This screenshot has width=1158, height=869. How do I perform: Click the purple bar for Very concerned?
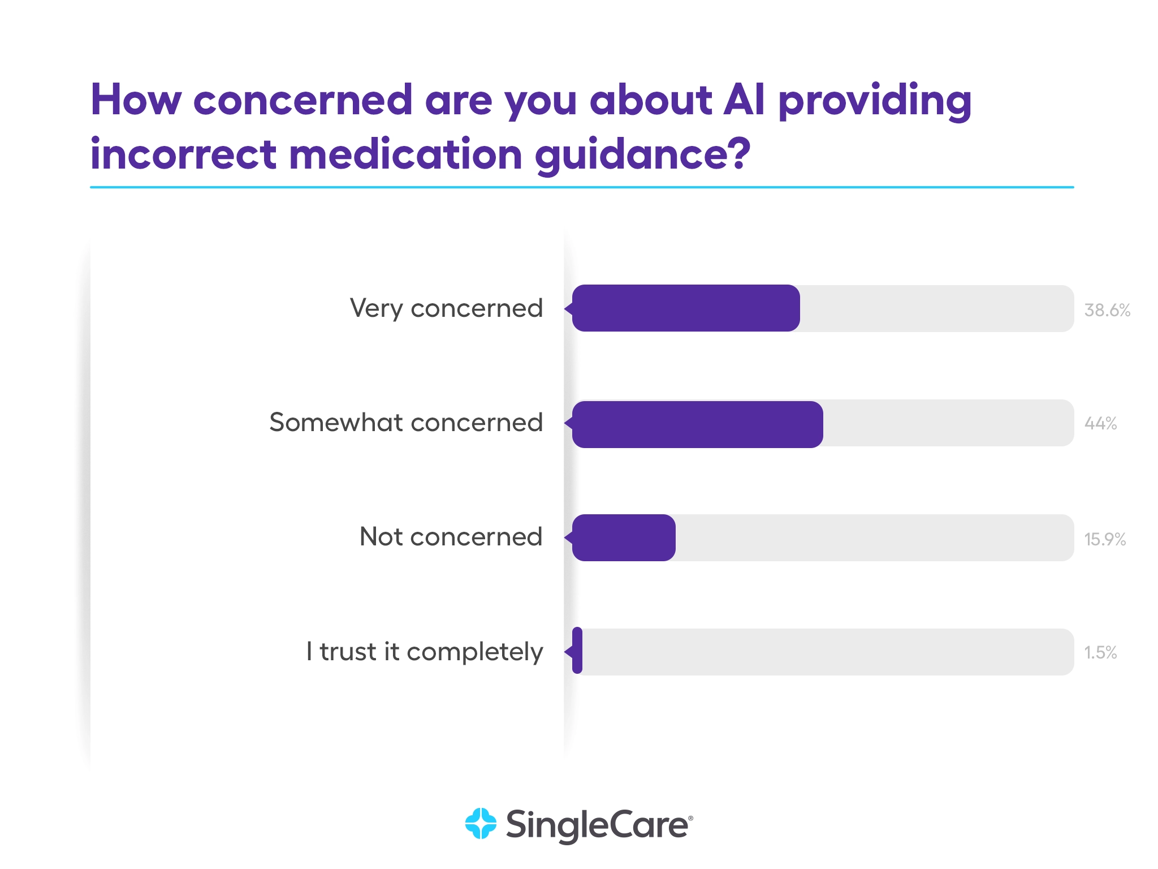click(x=685, y=308)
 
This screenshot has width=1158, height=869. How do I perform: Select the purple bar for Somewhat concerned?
click(x=697, y=424)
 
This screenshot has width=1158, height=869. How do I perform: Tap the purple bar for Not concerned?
click(x=624, y=537)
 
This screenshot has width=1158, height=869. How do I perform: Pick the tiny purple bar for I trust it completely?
click(x=577, y=651)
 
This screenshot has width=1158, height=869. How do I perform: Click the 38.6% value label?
click(x=1107, y=310)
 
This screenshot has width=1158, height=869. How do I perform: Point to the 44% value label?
click(x=1100, y=424)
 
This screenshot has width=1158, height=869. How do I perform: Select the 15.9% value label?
click(x=1104, y=539)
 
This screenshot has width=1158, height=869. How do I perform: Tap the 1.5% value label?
click(x=1100, y=652)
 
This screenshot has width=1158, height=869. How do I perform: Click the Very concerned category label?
click(x=446, y=309)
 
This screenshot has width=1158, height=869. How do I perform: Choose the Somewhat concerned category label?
click(x=406, y=423)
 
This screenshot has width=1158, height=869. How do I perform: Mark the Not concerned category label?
click(x=451, y=537)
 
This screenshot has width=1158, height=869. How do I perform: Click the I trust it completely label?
click(x=424, y=652)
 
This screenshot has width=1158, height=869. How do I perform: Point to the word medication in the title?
click(x=405, y=154)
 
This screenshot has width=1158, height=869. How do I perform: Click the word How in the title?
click(x=136, y=100)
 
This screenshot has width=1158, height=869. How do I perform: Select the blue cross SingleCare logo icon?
click(x=481, y=824)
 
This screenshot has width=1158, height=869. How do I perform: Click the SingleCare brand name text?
click(x=598, y=825)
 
